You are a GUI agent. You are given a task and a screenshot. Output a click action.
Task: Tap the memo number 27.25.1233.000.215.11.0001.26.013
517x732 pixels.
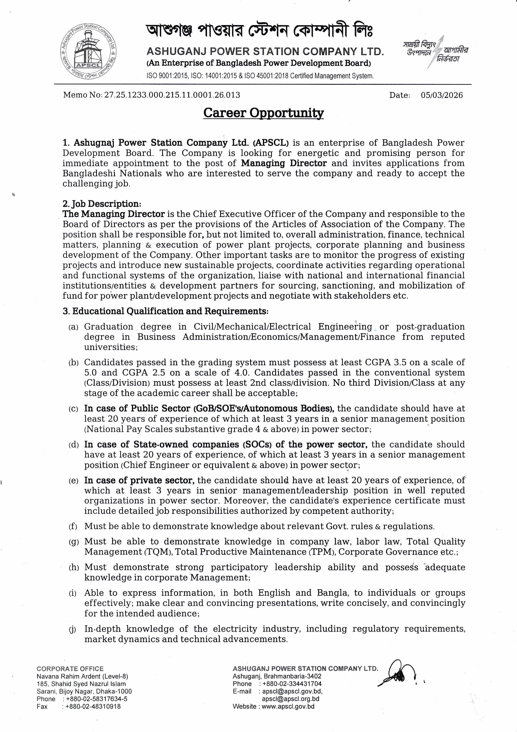click(x=172, y=95)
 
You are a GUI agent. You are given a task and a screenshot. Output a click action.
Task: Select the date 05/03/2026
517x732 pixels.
click(x=442, y=95)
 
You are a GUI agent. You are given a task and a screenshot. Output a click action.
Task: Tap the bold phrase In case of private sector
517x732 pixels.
click(x=139, y=480)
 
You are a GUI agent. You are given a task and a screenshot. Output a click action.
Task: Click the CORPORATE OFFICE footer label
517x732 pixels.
click(x=70, y=669)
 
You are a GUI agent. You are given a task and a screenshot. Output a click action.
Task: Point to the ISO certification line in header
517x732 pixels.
click(x=260, y=76)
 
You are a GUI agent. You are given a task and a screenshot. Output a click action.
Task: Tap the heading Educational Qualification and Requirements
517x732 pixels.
click(x=166, y=311)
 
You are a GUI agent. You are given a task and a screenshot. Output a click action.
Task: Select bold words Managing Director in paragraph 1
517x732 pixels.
click(x=284, y=163)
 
